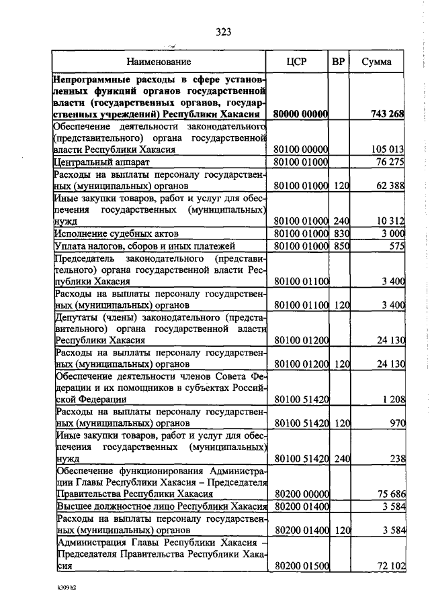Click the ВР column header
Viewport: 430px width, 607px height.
[x=339, y=62]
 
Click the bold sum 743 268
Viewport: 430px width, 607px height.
[x=387, y=114]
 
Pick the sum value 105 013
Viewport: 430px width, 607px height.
[x=388, y=150]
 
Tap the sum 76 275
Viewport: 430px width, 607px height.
[x=390, y=162]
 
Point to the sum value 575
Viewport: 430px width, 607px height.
[x=396, y=245]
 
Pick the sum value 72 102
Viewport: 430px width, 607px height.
[x=390, y=567]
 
